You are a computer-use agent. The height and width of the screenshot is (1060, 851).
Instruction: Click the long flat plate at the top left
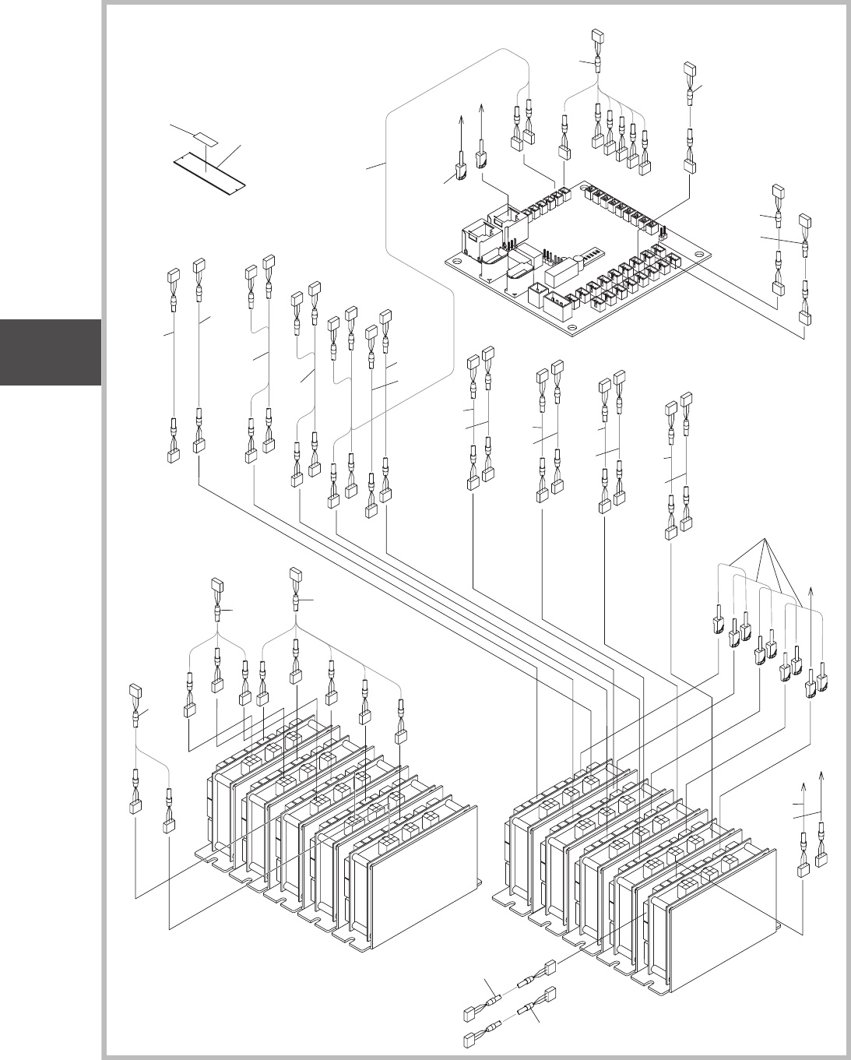pos(209,171)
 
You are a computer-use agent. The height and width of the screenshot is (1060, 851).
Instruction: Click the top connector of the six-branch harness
pos(295,574)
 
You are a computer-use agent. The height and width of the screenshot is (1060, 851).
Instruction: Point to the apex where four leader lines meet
pos(767,539)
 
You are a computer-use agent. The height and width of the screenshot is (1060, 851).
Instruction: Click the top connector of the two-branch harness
pos(135,690)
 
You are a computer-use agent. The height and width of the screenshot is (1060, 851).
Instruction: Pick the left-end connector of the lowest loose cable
pos(469,1038)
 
